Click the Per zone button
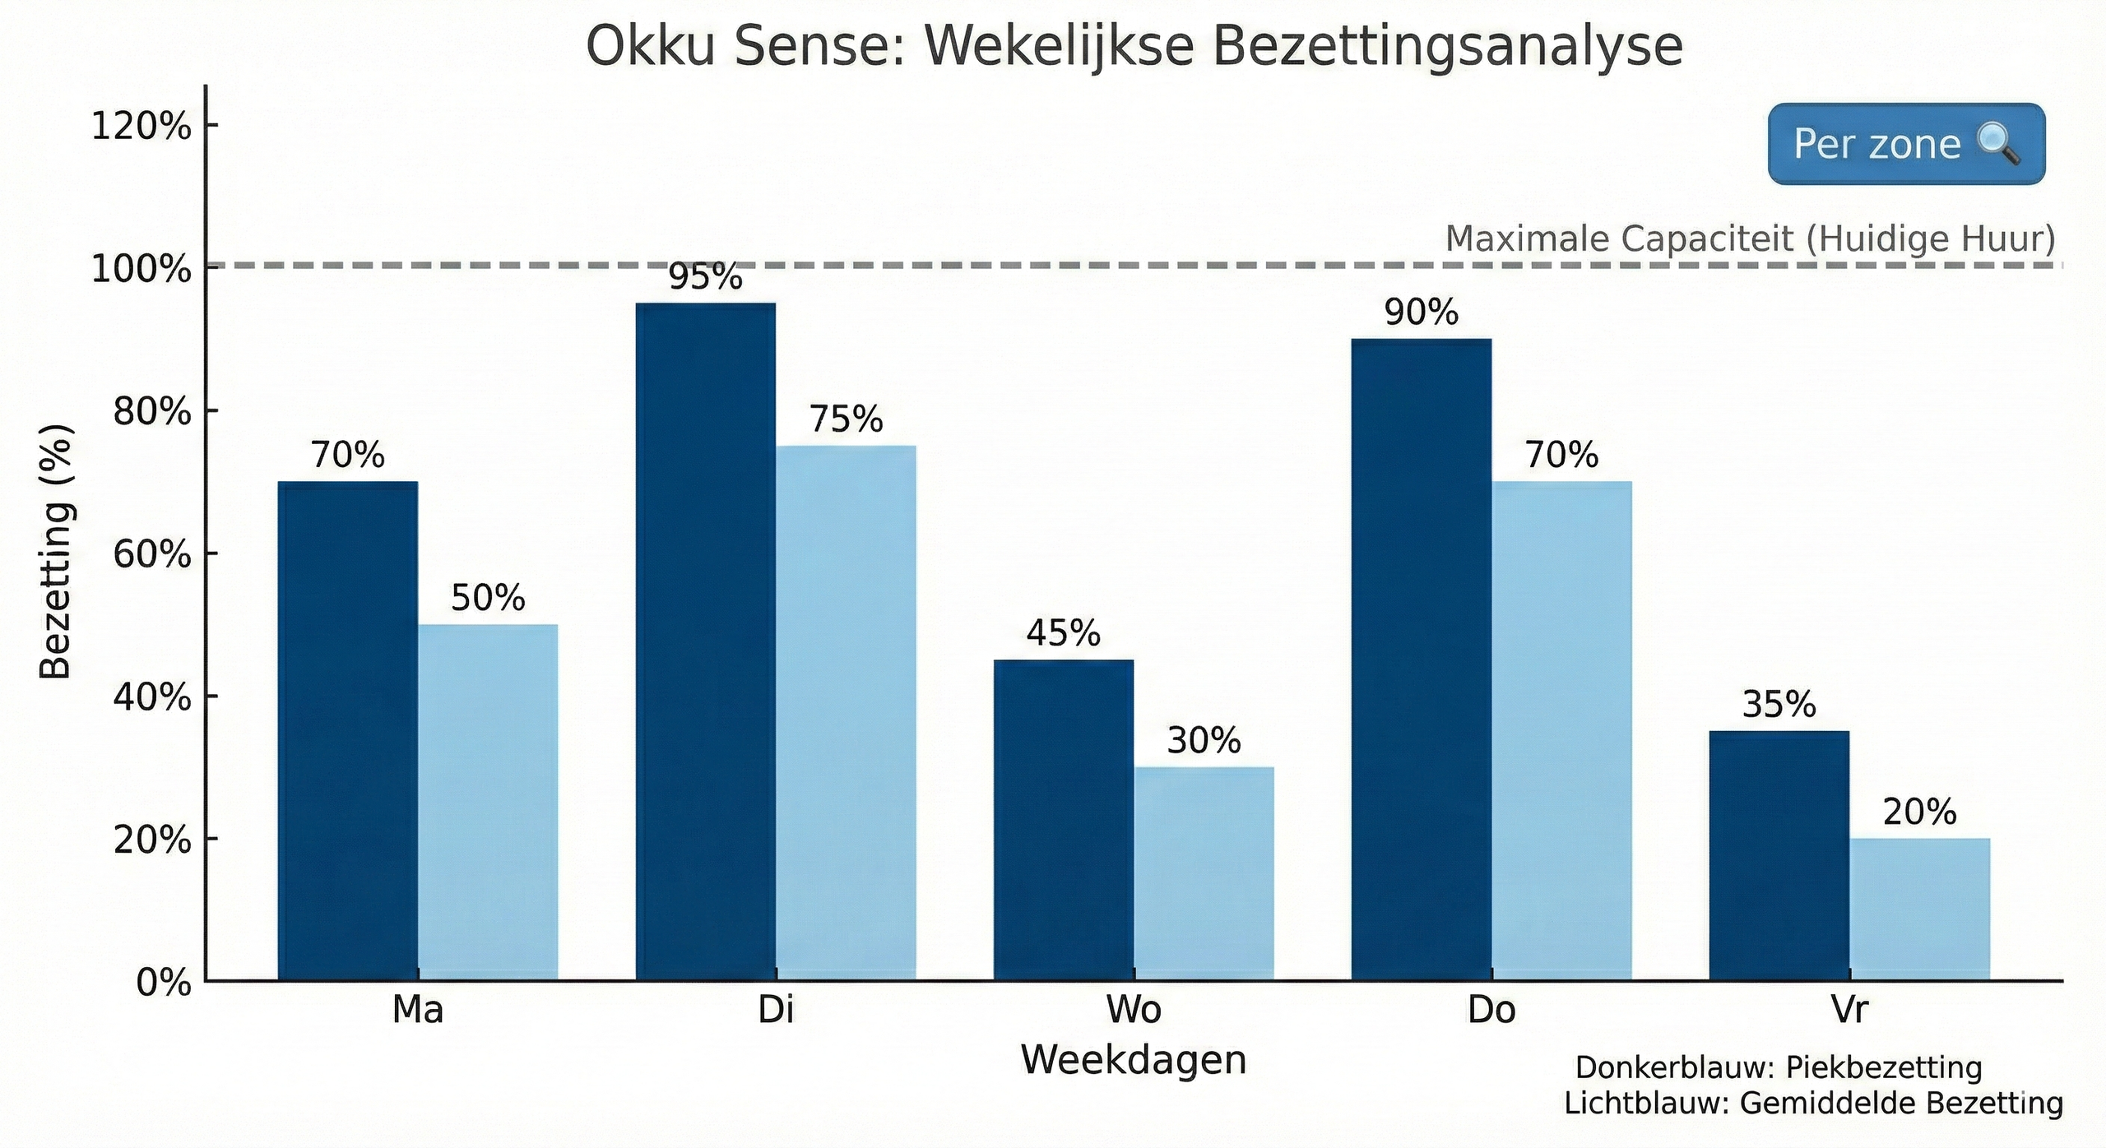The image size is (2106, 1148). click(x=1906, y=144)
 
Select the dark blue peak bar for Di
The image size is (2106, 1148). click(x=706, y=641)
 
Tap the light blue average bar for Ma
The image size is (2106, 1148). click(x=488, y=802)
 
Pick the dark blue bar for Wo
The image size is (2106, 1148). click(x=1063, y=820)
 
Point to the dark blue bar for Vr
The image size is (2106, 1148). click(x=1779, y=855)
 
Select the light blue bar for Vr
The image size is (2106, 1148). click(x=1919, y=909)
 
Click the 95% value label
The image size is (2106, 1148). click(x=705, y=278)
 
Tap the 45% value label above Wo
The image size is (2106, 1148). click(x=1063, y=633)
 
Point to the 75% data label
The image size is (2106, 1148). click(x=846, y=419)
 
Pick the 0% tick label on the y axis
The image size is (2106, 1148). click(x=164, y=983)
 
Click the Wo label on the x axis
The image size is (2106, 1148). click(x=1134, y=1009)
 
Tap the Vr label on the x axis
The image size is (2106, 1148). click(x=1849, y=1009)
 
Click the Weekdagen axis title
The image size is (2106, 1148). click(x=1134, y=1060)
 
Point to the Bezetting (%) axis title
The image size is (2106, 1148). click(x=56, y=551)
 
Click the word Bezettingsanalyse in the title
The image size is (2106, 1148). click(x=1447, y=47)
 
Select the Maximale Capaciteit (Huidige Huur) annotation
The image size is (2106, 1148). click(x=1750, y=239)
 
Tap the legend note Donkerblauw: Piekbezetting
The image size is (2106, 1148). click(x=1779, y=1067)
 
